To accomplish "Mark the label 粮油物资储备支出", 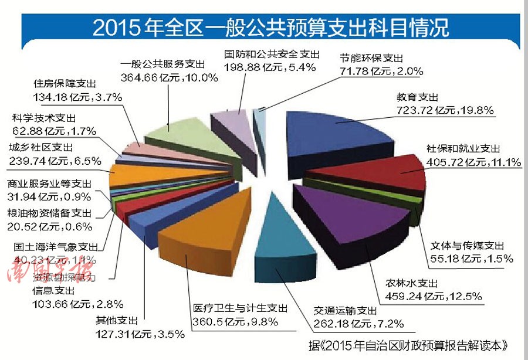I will point(49,212).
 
